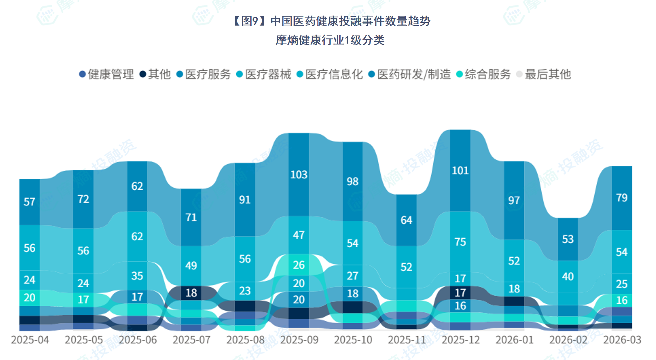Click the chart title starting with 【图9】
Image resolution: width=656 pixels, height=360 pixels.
[332, 21]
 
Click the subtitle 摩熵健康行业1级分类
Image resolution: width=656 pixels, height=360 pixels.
[330, 40]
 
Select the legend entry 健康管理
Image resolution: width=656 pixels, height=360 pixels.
[107, 74]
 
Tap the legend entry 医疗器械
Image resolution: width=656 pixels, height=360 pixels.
[264, 74]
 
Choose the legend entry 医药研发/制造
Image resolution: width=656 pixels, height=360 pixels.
[410, 74]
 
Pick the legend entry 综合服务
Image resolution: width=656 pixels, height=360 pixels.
[484, 74]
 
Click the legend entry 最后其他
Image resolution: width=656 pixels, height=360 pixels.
[544, 74]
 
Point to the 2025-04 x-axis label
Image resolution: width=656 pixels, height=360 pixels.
[30, 340]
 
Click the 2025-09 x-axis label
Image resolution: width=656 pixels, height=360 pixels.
[299, 340]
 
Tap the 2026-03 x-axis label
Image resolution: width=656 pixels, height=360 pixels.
[622, 340]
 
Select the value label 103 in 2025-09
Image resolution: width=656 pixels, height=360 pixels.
[299, 174]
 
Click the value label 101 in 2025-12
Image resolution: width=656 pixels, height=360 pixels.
[460, 171]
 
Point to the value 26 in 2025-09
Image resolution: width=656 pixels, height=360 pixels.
[299, 265]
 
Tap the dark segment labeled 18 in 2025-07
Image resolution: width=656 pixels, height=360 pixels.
[191, 293]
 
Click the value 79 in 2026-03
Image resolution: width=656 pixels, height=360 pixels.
[622, 198]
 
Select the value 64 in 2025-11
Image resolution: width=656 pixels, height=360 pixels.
[406, 220]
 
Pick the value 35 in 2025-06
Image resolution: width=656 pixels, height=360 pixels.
[137, 275]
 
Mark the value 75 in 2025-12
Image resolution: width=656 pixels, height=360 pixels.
[460, 242]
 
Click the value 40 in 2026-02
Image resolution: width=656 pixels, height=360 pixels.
[568, 276]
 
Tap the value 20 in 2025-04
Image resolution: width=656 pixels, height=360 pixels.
[30, 298]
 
